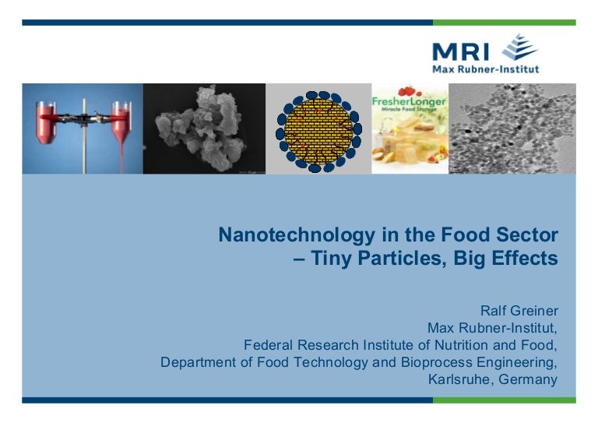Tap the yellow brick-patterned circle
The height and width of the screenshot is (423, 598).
pyautogui.click(x=318, y=129)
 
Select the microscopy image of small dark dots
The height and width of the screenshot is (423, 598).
pyautogui.click(x=512, y=129)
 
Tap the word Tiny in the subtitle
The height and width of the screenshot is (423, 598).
pyautogui.click(x=332, y=259)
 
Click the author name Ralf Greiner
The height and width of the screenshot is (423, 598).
pyautogui.click(x=519, y=310)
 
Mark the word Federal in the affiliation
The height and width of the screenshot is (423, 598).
pyautogui.click(x=268, y=344)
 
